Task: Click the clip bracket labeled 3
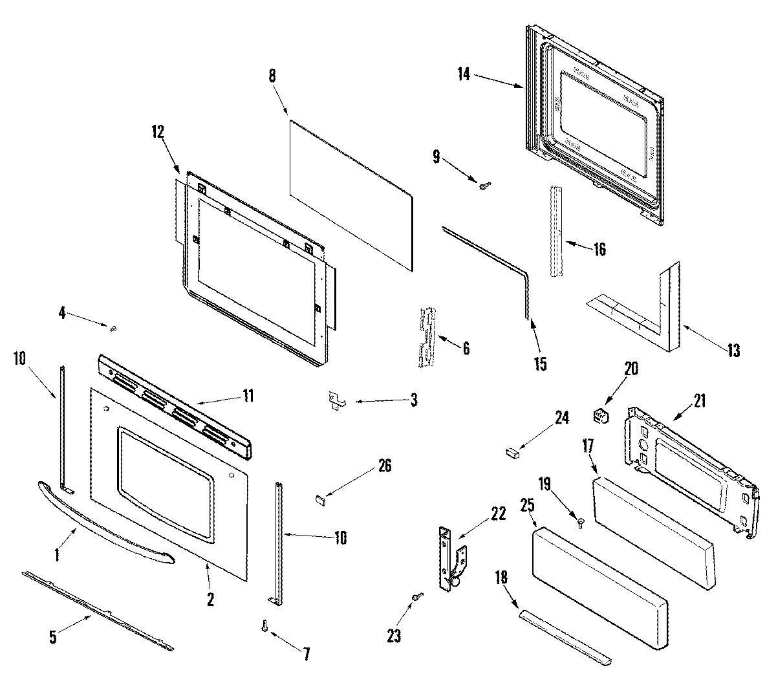point(336,401)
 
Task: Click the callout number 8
point(272,76)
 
